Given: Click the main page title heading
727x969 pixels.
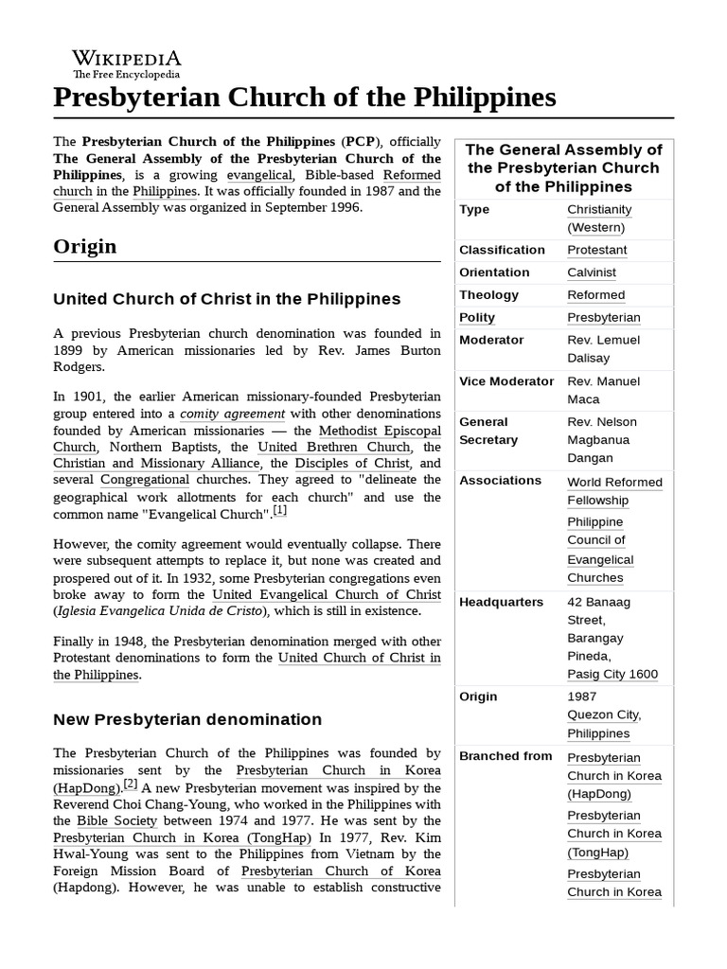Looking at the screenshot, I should coord(304,97).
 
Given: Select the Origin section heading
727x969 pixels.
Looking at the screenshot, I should coord(85,246).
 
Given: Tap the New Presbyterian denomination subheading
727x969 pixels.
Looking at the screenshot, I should coord(187,719).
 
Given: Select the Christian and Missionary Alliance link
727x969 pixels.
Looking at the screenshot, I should coord(156,464).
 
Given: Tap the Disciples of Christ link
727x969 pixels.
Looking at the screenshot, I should coord(353,464).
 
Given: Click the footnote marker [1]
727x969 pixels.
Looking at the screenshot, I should coord(280,511).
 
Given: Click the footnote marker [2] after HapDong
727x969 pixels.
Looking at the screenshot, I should coord(131,784).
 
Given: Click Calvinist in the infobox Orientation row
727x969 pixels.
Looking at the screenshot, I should coord(591,273).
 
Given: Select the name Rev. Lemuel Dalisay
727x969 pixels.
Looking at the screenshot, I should coord(603,349).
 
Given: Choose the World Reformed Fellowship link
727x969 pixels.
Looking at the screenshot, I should coord(613,491).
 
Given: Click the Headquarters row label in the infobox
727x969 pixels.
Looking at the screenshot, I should coord(501,602).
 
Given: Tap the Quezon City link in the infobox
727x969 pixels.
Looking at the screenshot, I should coord(603,714).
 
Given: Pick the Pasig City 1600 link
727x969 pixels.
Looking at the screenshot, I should coord(612,674).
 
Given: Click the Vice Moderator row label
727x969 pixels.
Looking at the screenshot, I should coord(506,381).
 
